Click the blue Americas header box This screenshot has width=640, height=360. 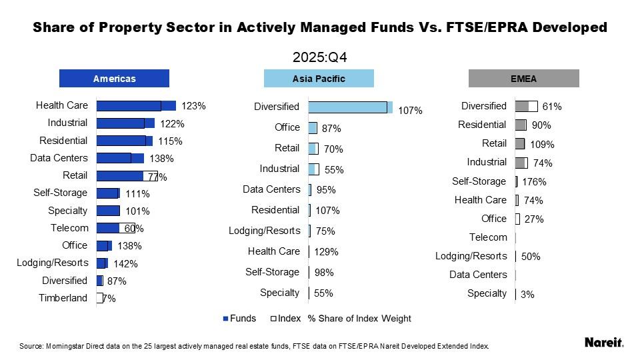[x=114, y=79]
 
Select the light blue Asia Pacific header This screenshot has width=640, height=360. [x=319, y=79]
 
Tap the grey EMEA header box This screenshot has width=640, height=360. [x=523, y=79]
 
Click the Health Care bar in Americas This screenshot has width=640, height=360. [x=135, y=105]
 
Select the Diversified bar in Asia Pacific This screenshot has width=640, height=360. [x=349, y=107]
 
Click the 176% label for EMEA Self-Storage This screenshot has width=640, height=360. [x=534, y=182]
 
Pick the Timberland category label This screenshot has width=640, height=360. [x=63, y=298]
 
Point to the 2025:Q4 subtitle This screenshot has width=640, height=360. [x=320, y=57]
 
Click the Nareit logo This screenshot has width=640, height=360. [x=603, y=343]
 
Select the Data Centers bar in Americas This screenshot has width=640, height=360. [x=120, y=158]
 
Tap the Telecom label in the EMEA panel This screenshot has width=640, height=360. [x=488, y=237]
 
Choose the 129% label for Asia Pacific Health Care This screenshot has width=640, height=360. [x=326, y=252]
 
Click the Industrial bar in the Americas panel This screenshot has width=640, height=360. [x=125, y=123]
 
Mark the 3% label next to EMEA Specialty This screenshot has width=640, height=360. [x=527, y=294]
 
